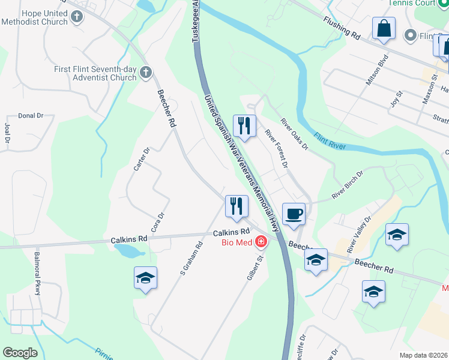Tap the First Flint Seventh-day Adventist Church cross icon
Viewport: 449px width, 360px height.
pos(145,73)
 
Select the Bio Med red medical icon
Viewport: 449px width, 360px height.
pos(261,242)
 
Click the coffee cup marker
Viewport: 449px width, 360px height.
pos(294,214)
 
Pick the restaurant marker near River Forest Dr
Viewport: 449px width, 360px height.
pos(244,126)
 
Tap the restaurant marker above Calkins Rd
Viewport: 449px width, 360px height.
pos(237,206)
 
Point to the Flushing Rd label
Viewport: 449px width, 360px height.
pos(341,29)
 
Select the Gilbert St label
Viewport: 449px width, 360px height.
pos(256,269)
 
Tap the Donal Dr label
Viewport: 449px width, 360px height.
pos(31,115)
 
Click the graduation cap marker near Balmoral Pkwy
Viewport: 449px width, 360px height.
pos(145,278)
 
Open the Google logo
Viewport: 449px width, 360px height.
pos(20,353)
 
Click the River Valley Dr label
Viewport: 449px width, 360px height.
pos(360,235)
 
